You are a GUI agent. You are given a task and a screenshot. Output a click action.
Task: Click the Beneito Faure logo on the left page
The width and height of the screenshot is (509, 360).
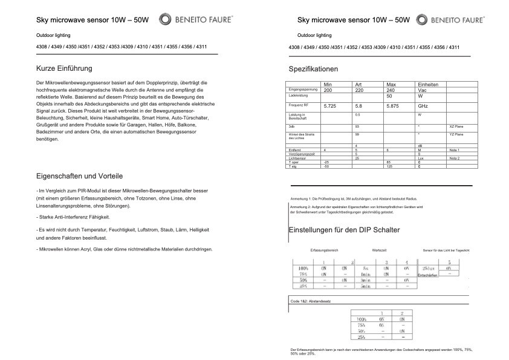coord(188,19)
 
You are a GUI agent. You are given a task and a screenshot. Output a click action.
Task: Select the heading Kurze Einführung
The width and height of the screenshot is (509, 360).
coord(64,69)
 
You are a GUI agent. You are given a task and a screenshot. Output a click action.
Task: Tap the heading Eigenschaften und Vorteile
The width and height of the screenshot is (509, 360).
coord(80,176)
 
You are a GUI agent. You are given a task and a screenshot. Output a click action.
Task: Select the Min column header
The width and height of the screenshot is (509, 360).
coord(328,85)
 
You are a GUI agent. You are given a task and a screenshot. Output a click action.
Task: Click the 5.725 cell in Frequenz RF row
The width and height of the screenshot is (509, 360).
coord(330,106)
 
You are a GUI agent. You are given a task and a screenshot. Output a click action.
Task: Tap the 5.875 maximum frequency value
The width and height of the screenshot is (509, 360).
coord(393,106)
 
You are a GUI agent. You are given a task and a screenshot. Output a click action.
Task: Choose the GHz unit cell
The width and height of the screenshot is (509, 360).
coord(424,106)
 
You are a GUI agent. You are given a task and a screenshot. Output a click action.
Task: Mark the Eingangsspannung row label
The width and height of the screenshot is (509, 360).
coord(303,90)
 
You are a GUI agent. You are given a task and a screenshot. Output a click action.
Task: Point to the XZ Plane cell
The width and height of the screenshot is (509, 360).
coord(456,126)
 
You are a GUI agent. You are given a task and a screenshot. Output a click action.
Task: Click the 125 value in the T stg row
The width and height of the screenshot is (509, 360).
coord(390,166)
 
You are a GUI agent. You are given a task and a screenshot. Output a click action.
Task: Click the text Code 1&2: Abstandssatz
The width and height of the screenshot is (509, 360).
coord(311,301)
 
